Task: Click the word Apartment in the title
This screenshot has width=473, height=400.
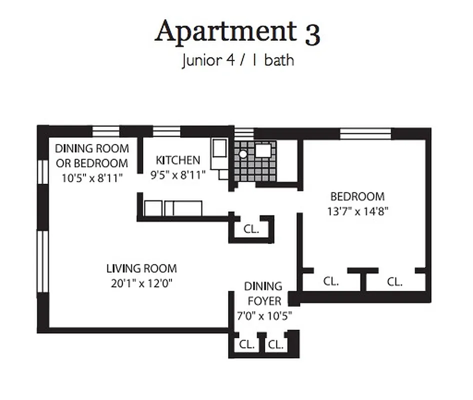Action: pos(225,33)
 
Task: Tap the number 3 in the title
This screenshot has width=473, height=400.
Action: pos(310,33)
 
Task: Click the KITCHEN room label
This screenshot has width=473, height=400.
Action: pos(178,160)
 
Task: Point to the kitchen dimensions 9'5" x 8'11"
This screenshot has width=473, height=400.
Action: pos(178,175)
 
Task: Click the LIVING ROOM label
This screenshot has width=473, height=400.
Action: pos(141,268)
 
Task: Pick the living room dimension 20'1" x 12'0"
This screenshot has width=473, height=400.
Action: pos(141,283)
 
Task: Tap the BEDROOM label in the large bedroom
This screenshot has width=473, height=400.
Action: pos(358,196)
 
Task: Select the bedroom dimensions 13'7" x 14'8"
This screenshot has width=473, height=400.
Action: pos(358,211)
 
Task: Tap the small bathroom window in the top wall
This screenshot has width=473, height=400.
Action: pos(244,132)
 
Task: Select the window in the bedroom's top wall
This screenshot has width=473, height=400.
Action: pos(365,133)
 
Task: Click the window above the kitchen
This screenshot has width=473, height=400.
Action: pos(166,131)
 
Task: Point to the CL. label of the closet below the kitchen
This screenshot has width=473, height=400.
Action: pos(251,229)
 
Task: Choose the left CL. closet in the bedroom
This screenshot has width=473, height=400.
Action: pos(330,281)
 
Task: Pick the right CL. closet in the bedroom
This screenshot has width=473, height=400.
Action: pos(394,281)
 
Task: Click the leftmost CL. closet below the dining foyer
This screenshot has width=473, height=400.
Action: pos(246,344)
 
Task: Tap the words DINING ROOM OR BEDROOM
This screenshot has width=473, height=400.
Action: pos(91,155)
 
